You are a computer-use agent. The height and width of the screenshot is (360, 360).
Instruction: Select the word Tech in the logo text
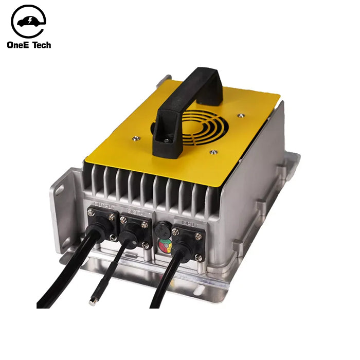pos(42,45)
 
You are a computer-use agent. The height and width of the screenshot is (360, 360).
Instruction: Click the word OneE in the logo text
pos(20,45)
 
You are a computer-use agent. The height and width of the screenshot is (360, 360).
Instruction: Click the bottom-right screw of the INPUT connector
pos(198,257)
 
